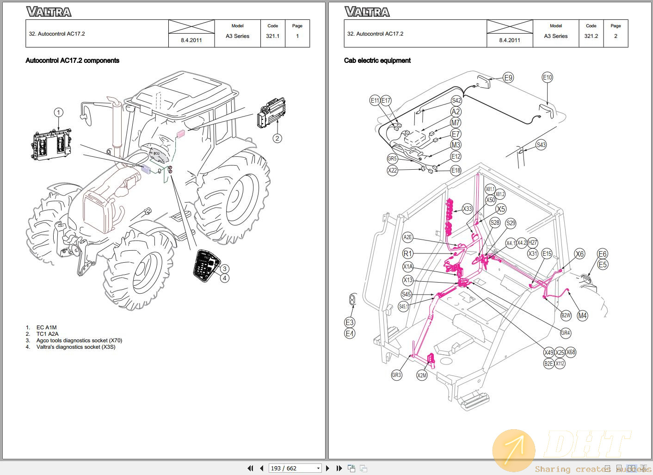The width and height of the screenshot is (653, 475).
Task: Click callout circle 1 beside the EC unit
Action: click(58, 112)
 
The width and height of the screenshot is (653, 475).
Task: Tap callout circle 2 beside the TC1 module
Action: click(277, 138)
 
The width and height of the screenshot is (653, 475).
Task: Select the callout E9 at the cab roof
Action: click(508, 78)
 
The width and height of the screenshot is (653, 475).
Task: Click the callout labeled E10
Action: click(547, 77)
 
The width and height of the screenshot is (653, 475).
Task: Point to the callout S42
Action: click(456, 100)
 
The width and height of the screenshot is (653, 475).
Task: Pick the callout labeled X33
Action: click(468, 209)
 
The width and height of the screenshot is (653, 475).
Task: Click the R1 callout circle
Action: click(407, 253)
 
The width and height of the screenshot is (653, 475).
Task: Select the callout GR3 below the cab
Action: click(396, 375)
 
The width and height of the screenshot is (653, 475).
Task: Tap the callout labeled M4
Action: click(582, 315)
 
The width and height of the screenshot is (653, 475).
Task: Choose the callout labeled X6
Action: click(579, 253)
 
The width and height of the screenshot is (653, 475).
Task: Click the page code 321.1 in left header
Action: click(272, 36)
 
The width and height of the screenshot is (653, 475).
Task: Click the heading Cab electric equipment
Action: click(377, 61)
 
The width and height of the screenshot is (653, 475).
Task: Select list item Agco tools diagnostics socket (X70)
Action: click(79, 340)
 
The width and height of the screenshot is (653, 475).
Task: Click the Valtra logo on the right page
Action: click(367, 12)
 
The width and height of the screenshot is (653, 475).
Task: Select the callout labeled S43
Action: click(541, 145)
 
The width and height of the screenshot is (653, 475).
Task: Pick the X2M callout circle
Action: click(422, 375)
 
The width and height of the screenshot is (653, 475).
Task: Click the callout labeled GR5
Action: click(392, 159)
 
